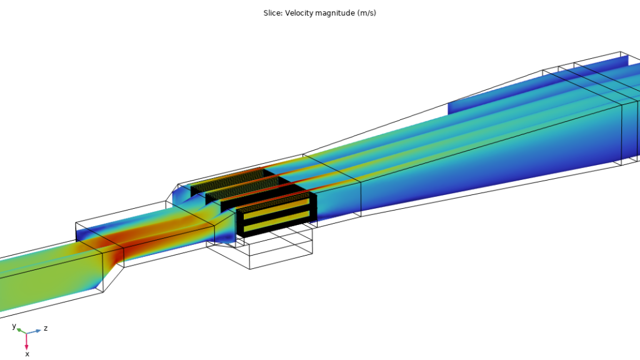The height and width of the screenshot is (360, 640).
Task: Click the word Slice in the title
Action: click(x=272, y=13)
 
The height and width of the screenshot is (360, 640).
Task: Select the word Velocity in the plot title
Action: click(x=299, y=13)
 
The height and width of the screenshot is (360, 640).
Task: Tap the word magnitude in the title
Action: click(x=335, y=14)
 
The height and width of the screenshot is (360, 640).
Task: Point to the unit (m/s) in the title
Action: click(x=366, y=13)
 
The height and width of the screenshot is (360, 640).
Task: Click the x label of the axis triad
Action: click(x=27, y=354)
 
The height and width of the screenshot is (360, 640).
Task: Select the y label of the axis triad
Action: click(x=14, y=326)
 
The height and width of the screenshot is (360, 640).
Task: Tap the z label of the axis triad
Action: click(x=46, y=327)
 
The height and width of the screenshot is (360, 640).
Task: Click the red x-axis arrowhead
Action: click(x=26, y=347)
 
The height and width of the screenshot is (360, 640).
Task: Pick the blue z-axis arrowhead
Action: click(x=38, y=331)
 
